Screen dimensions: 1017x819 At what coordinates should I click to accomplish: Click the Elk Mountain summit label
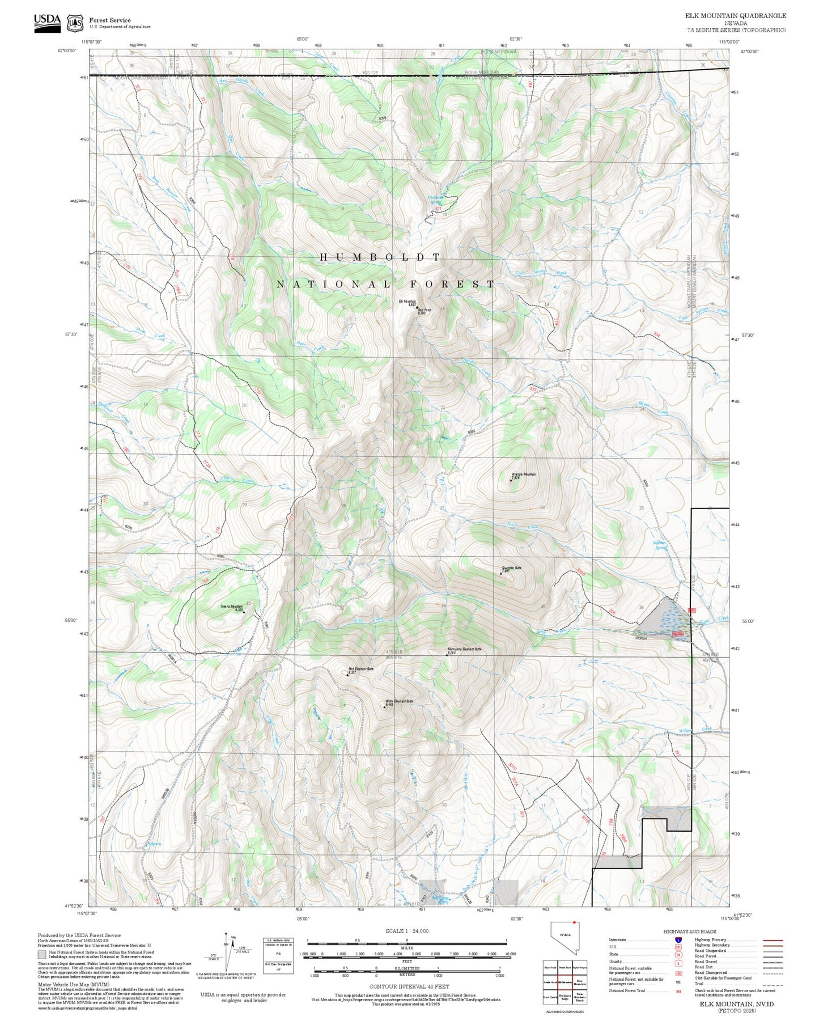pyautogui.click(x=407, y=302)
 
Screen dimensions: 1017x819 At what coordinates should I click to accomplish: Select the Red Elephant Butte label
pyautogui.click(x=360, y=669)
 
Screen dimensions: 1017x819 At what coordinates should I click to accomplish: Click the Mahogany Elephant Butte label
pyautogui.click(x=464, y=649)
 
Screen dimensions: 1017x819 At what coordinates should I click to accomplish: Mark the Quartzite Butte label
pyautogui.click(x=511, y=568)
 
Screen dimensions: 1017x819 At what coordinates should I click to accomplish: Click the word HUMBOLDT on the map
pyautogui.click(x=380, y=257)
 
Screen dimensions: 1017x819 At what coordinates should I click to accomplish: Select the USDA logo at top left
pyautogui.click(x=47, y=21)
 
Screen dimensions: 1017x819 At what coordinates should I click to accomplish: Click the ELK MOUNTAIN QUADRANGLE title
pyautogui.click(x=735, y=16)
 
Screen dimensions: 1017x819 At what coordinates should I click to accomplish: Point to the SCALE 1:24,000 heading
pyautogui.click(x=406, y=931)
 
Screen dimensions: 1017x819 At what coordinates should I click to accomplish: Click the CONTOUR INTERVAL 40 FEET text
pyautogui.click(x=409, y=986)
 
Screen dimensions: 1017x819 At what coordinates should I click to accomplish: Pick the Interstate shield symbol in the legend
pyautogui.click(x=678, y=940)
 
